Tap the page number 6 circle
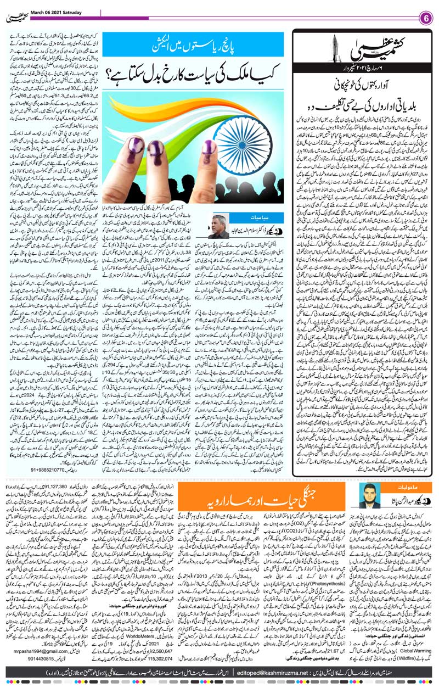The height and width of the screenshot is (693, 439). point(425,16)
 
